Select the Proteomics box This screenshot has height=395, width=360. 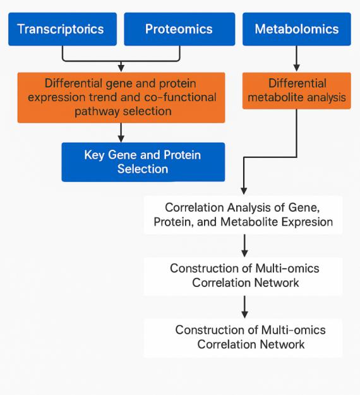[x=179, y=29]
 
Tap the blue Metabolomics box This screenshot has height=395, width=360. [x=296, y=29]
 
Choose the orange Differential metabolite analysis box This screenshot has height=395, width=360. [x=296, y=91]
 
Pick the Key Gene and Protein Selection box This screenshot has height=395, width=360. [x=143, y=161]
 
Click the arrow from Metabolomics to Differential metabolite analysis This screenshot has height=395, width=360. [x=296, y=58]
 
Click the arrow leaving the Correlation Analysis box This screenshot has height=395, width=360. [x=244, y=245]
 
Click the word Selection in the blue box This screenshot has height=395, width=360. [x=143, y=169]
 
